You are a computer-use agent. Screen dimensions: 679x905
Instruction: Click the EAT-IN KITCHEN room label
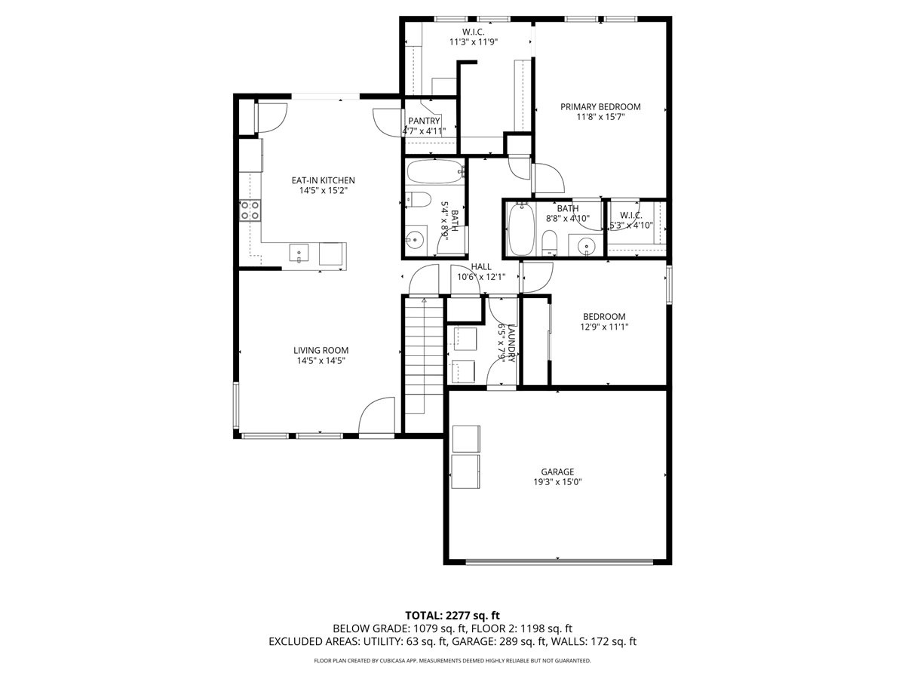click(323, 180)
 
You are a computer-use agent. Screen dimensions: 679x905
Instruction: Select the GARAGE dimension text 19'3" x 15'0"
click(557, 483)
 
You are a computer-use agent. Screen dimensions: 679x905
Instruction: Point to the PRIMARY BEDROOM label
click(600, 106)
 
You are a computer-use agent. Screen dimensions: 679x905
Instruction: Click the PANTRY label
click(424, 121)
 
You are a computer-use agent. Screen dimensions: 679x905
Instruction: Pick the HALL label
click(481, 266)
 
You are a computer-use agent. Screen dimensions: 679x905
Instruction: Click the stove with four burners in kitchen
click(250, 210)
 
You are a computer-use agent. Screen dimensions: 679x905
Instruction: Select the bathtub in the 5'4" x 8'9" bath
click(434, 173)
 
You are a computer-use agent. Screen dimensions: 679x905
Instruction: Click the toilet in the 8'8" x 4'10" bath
click(550, 241)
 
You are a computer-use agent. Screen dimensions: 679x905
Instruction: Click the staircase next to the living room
click(422, 355)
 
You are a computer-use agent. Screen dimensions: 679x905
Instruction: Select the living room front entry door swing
click(377, 416)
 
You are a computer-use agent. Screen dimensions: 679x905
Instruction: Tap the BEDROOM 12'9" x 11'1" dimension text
click(603, 327)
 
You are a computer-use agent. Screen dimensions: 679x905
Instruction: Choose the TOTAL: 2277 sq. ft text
click(452, 614)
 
